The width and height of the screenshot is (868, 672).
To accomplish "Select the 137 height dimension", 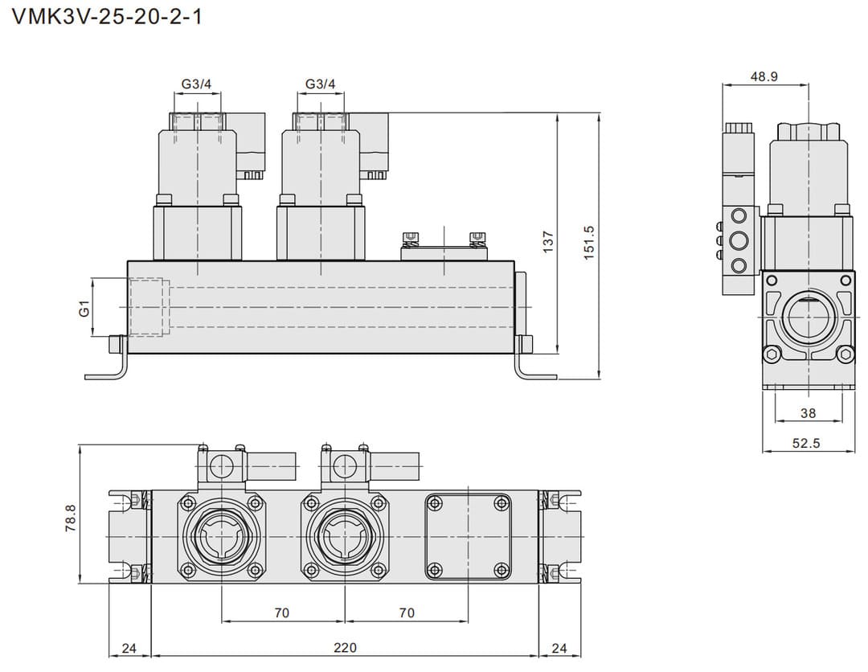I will click(548, 241).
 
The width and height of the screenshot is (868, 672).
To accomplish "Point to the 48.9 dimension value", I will click(764, 76).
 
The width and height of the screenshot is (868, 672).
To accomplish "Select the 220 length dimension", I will click(345, 647).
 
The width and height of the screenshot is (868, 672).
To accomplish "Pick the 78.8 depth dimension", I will click(70, 518).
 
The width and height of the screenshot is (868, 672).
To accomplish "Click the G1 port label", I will click(84, 308).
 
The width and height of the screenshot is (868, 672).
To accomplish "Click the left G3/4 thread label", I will click(196, 84).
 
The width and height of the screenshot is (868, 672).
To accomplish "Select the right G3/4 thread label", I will click(321, 84).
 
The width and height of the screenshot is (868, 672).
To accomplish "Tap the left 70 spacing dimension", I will click(281, 613).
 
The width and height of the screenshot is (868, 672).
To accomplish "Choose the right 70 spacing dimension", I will click(407, 613).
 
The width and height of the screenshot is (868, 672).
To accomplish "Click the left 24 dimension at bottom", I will click(129, 647).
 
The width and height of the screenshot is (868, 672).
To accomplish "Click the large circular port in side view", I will click(808, 316).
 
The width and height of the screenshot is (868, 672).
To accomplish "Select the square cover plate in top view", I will click(467, 536).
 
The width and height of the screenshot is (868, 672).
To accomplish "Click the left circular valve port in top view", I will click(221, 536).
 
